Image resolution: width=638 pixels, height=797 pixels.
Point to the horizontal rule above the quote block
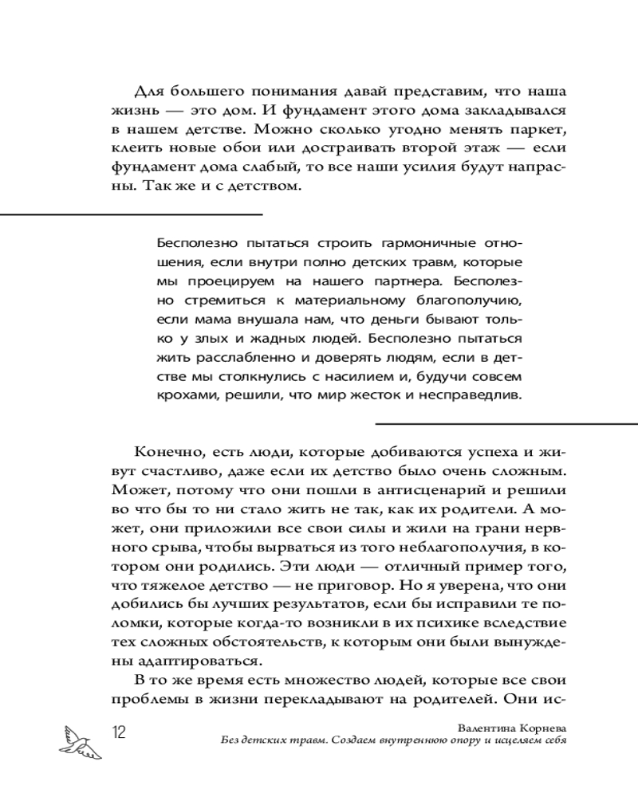[x=132, y=214]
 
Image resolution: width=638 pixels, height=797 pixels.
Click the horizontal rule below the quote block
[x=506, y=422]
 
